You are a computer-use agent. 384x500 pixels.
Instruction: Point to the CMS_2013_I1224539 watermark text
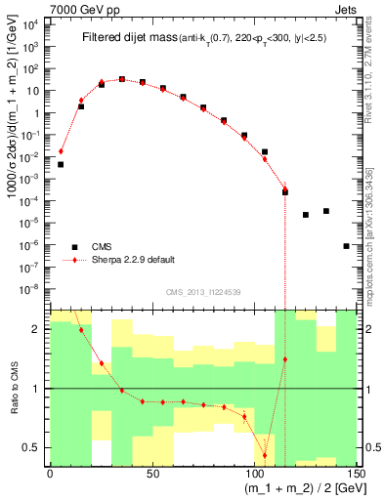pyautogui.click(x=202, y=292)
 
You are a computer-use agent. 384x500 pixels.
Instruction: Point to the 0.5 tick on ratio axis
pyautogui.click(x=36, y=447)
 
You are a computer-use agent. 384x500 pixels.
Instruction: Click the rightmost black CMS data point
pyautogui.click(x=347, y=246)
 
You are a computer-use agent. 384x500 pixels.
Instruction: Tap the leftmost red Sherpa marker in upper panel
pyautogui.click(x=61, y=151)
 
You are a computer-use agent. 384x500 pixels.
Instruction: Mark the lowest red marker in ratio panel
pyautogui.click(x=265, y=455)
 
